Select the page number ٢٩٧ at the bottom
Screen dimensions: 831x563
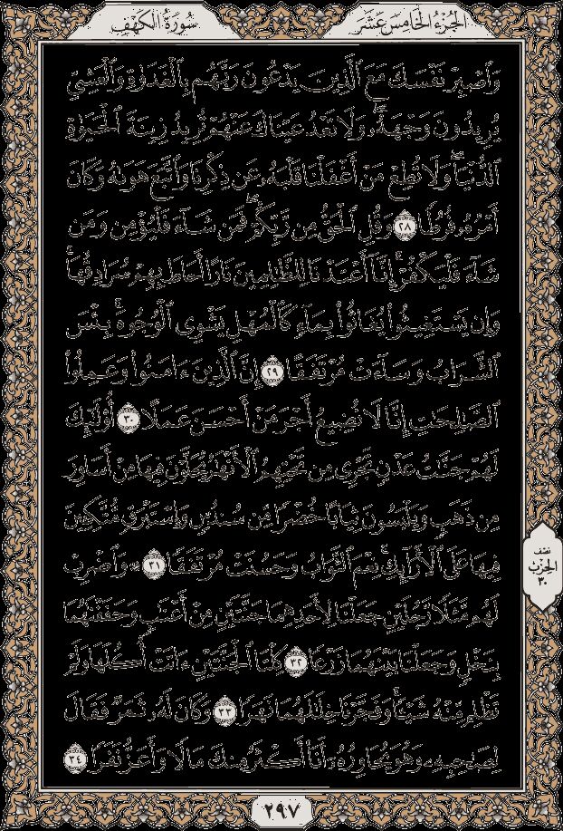(x=281, y=804)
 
